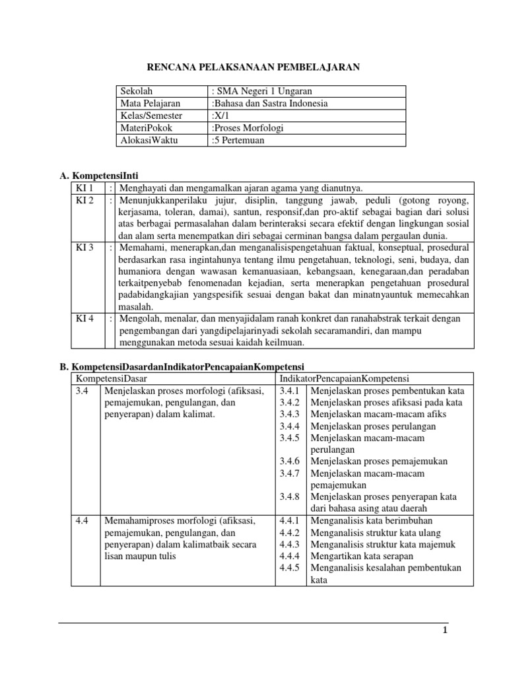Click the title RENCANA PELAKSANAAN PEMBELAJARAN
pyautogui.click(x=253, y=67)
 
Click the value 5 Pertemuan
pyautogui.click(x=238, y=140)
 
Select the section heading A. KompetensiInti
pyautogui.click(x=98, y=176)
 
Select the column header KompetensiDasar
pyautogui.click(x=112, y=378)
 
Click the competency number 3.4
pyautogui.click(x=83, y=390)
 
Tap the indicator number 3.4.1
pyautogui.click(x=290, y=390)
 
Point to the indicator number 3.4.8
pyautogui.click(x=290, y=496)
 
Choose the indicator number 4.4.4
pyautogui.click(x=290, y=556)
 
